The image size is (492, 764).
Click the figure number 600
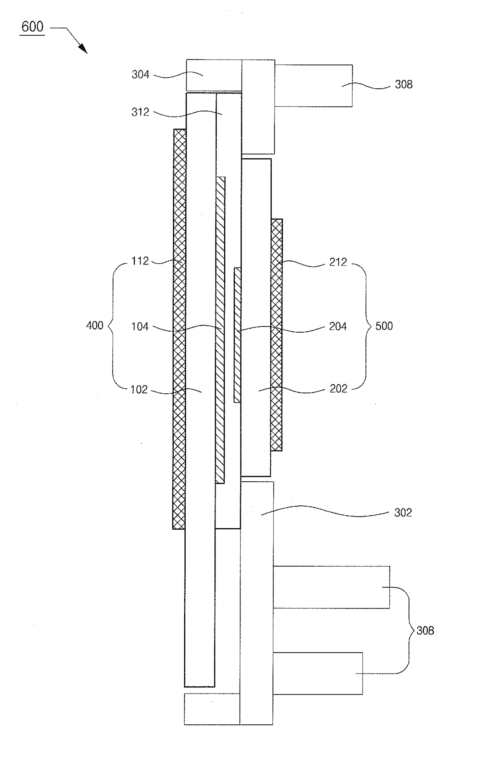click(32, 27)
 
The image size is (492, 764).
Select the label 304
click(140, 75)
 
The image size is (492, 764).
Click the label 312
click(140, 112)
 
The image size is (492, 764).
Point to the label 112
click(140, 261)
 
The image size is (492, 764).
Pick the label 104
click(140, 327)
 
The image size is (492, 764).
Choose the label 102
click(139, 390)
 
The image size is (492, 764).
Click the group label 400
click(94, 326)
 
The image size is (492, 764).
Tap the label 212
click(338, 262)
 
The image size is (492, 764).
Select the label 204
click(338, 326)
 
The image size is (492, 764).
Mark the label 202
click(338, 389)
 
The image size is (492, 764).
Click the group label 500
click(384, 326)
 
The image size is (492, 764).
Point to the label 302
click(403, 513)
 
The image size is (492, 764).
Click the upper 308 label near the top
click(404, 84)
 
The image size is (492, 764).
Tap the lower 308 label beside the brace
click(425, 631)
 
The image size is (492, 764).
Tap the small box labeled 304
click(214, 75)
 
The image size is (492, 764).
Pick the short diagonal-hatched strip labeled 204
click(237, 335)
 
